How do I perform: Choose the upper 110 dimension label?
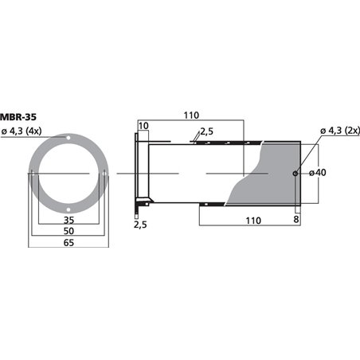coord(191,116)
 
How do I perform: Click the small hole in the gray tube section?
coord(295,174)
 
